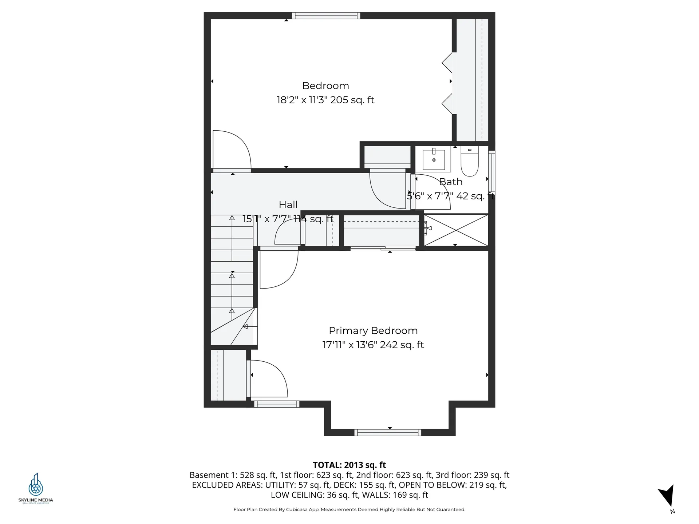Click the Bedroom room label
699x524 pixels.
325,86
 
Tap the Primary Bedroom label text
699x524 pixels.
373,331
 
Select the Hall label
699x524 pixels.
288,205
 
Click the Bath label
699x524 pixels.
451,182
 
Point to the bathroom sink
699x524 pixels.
434,160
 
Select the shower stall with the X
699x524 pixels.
456,230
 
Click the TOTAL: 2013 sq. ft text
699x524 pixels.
349,465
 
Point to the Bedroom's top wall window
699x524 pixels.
326,16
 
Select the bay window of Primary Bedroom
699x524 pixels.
388,432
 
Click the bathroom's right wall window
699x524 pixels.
491,171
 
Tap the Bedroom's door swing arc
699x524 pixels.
237,146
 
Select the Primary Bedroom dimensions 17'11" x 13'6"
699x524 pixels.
373,345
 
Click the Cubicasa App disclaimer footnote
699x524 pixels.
349,509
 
